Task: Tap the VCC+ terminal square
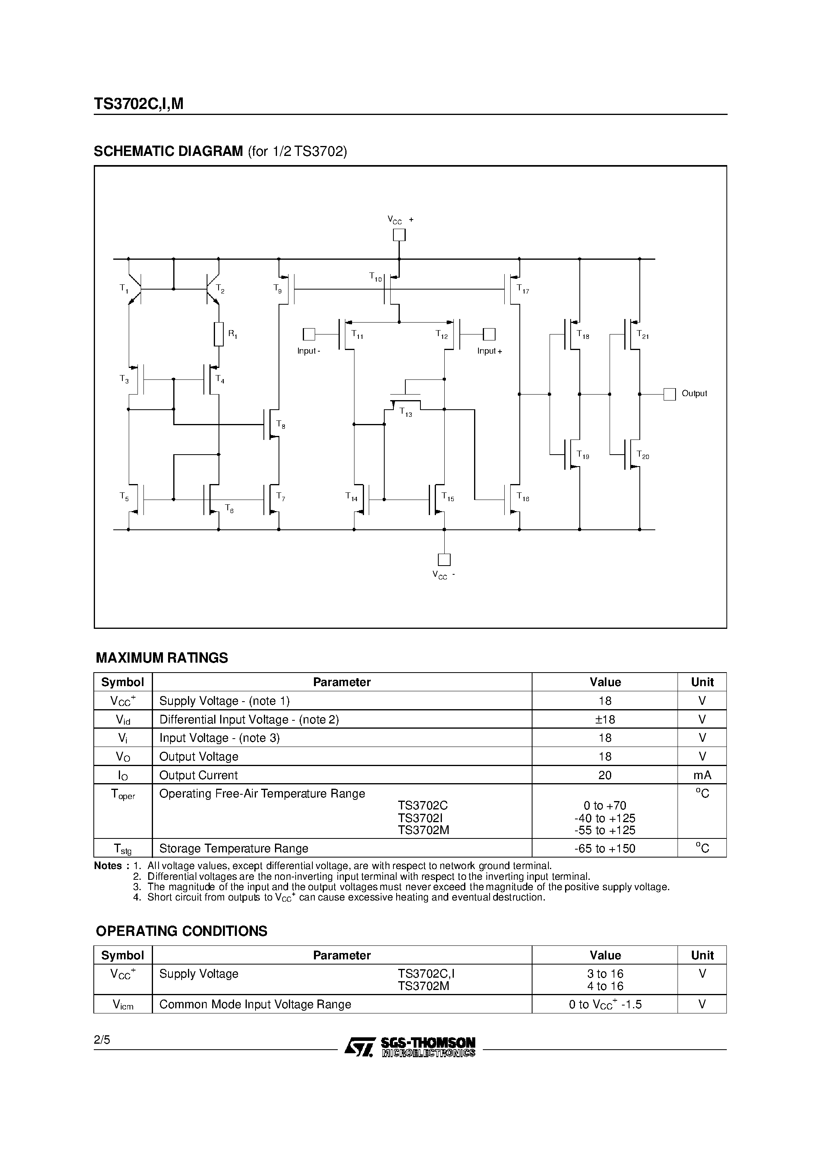point(399,235)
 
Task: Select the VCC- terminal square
point(444,559)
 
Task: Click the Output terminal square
point(669,394)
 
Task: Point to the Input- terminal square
point(309,335)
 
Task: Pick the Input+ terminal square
point(489,335)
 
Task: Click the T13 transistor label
point(406,413)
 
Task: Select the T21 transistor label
point(643,335)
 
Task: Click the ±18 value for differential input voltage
point(605,719)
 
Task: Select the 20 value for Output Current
point(605,775)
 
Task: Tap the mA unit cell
point(702,775)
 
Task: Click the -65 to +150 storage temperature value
point(605,848)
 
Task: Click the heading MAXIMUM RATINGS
point(162,658)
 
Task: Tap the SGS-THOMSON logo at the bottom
point(410,1046)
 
